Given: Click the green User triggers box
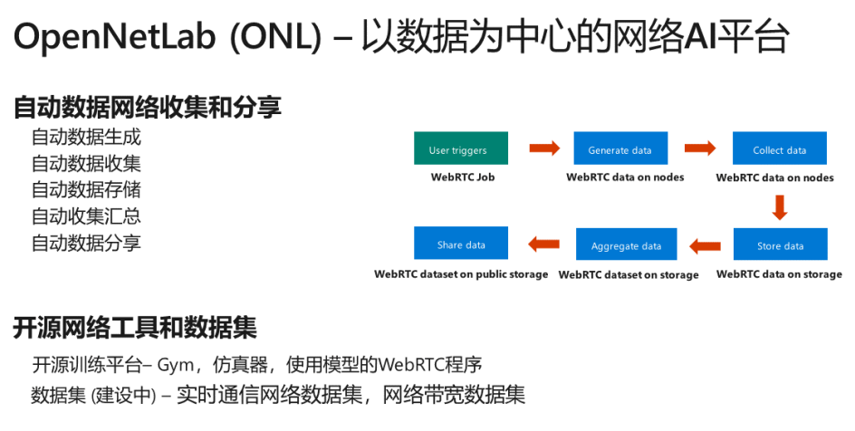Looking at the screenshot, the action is [x=460, y=149].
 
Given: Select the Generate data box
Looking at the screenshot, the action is [x=620, y=149].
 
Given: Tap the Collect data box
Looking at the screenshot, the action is [x=780, y=149].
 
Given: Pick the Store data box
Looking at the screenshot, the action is [x=780, y=245].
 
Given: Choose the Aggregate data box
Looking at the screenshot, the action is [x=626, y=245].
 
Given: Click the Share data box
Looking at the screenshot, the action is [x=461, y=244].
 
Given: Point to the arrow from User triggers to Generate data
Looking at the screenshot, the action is [x=543, y=148].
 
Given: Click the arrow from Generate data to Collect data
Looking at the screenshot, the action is [x=700, y=148].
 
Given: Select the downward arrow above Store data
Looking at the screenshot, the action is [x=780, y=207].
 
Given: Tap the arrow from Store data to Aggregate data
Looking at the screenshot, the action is [x=704, y=244].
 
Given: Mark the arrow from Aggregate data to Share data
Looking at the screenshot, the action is [x=543, y=244].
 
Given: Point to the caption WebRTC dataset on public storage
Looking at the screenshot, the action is [x=461, y=274].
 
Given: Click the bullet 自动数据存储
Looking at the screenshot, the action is [x=86, y=190].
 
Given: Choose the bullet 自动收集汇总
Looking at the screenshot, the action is [x=86, y=216].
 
